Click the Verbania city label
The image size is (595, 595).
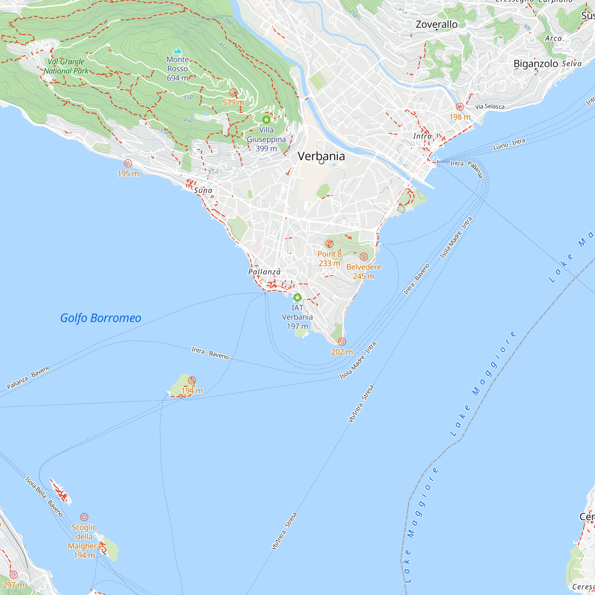[x=321, y=156]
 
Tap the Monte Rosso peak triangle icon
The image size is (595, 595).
[x=177, y=51]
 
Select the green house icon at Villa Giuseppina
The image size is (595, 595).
[x=266, y=120]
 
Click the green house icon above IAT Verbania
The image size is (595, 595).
[x=297, y=297]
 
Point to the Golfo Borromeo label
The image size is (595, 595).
[x=101, y=318]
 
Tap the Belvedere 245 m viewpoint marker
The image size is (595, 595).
[x=364, y=257]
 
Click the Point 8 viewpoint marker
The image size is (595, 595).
[x=330, y=244]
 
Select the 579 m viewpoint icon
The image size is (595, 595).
[x=234, y=93]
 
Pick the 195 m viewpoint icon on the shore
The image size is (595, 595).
[x=128, y=163]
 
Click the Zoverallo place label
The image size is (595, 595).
[x=436, y=24]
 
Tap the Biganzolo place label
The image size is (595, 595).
[x=535, y=64]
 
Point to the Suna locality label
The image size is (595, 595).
[x=203, y=190]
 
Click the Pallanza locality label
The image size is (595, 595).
[x=264, y=272]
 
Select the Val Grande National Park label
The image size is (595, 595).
[x=66, y=66]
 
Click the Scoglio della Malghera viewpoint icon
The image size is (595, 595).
[x=84, y=517]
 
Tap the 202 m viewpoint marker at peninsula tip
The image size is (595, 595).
[x=342, y=342]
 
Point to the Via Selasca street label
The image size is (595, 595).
[x=490, y=107]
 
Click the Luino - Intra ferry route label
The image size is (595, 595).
[x=509, y=144]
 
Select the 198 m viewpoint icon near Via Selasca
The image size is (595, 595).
[x=460, y=107]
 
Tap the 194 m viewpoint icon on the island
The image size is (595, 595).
[x=192, y=380]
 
